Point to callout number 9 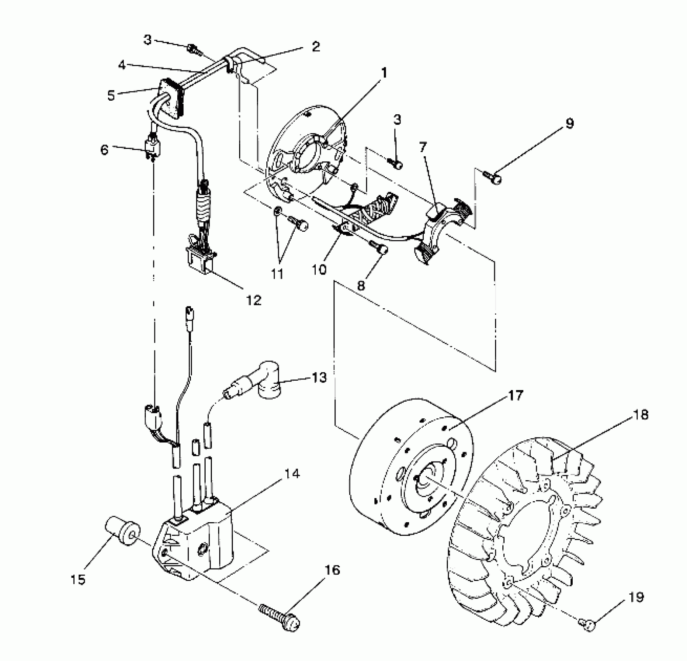(569, 123)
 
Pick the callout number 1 (384, 73)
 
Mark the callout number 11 (277, 274)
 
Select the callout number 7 (423, 147)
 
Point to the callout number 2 (316, 47)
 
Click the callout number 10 (319, 269)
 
